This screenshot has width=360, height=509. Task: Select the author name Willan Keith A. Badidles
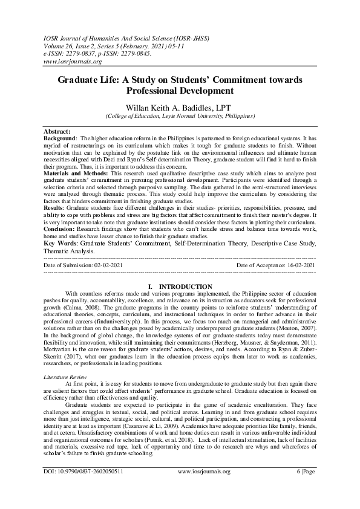[180, 105]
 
